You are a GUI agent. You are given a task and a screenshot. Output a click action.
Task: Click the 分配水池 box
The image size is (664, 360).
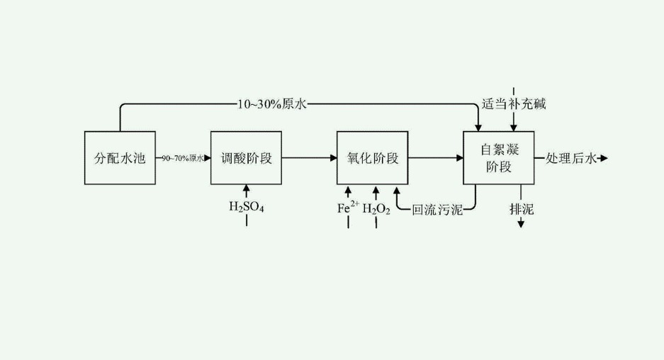point(120,158)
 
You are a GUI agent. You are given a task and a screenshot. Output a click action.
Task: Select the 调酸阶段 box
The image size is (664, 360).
point(246,158)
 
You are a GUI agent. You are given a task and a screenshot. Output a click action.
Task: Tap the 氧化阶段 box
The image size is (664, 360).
point(373,158)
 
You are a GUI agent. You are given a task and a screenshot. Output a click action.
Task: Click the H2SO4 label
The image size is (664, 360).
point(246,207)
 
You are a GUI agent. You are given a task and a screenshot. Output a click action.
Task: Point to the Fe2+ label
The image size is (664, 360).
point(347,208)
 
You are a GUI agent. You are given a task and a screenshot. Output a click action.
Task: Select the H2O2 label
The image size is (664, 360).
point(376,208)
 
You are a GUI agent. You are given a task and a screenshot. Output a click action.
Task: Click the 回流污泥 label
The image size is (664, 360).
point(437,210)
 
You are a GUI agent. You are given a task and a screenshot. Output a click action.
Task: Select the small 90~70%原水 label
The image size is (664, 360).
point(183,159)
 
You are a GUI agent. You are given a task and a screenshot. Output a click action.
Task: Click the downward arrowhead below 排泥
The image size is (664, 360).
point(521,224)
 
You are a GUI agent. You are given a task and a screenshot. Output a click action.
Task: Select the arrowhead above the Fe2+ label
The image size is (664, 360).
point(347,189)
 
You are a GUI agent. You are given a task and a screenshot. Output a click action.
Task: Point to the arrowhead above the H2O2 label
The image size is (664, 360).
point(376,189)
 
